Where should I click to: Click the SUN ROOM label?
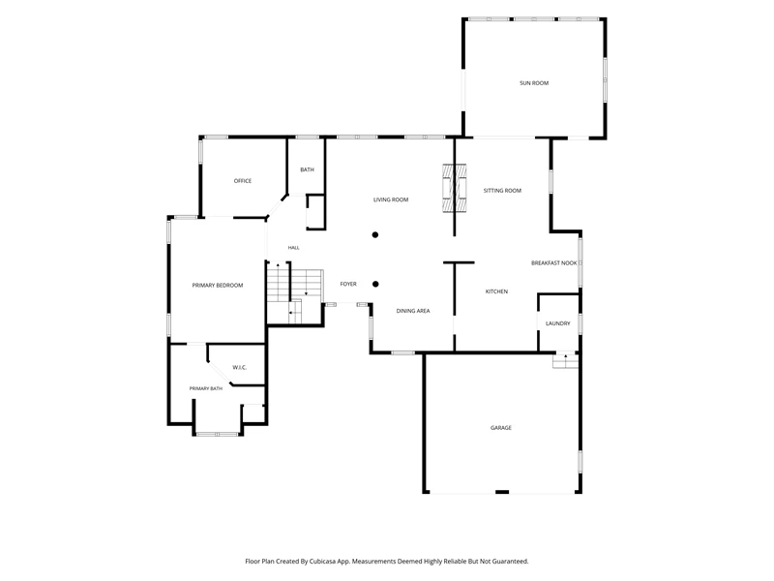[534, 83]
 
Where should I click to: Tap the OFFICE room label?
[243, 181]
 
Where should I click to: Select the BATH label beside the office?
[307, 169]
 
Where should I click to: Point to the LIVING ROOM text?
[391, 199]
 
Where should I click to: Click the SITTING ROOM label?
[502, 190]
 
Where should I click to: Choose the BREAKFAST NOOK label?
[553, 262]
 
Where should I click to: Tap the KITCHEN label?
[496, 291]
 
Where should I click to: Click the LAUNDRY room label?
[558, 323]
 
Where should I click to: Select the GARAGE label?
[500, 427]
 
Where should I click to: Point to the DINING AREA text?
[413, 311]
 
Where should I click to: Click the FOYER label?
[348, 284]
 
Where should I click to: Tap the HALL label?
[294, 248]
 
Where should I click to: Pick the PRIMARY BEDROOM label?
[217, 285]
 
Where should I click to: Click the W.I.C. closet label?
[239, 367]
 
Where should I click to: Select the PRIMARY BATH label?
[206, 388]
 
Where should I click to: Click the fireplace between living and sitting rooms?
[454, 188]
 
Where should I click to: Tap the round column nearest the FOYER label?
[375, 284]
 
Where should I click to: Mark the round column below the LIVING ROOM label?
[375, 234]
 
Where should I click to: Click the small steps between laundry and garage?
[565, 361]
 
